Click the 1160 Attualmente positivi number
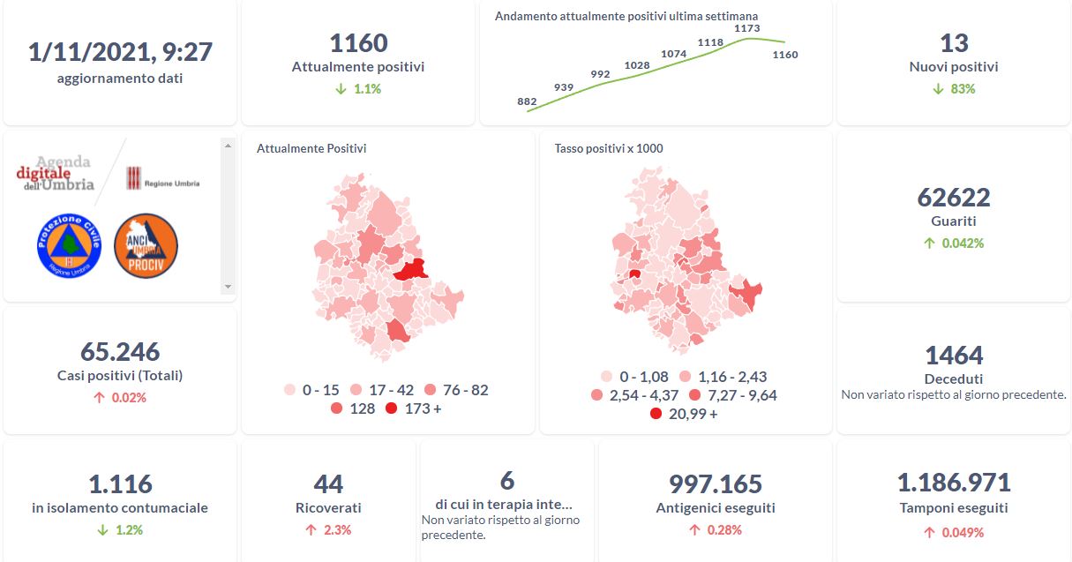(358, 43)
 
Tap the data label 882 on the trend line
(527, 101)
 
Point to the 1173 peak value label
(747, 29)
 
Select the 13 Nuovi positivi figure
(954, 43)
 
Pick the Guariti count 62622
(954, 197)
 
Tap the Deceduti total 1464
(954, 356)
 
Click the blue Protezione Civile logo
(70, 245)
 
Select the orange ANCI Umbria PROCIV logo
(146, 245)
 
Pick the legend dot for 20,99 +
(656, 414)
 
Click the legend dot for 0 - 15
(289, 390)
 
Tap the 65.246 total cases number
(120, 352)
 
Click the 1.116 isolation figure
(120, 484)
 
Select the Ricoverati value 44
(328, 484)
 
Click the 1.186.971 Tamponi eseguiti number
(954, 483)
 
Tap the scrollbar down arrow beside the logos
(228, 287)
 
